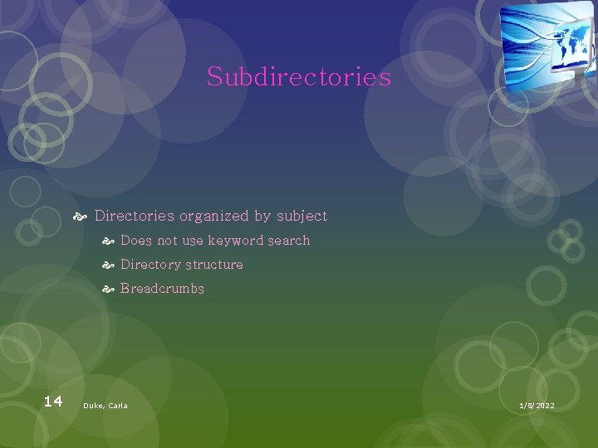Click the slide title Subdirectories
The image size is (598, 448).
coord(299,77)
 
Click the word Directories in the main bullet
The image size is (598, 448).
coord(135,216)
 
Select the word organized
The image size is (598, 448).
coord(214,216)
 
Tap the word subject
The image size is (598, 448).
coord(301,216)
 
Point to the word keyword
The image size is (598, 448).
coord(236,241)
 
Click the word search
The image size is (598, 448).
coord(289,241)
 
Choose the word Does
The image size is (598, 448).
coord(136,241)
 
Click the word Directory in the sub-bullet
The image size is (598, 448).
coord(150,265)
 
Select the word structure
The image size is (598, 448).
coord(214,265)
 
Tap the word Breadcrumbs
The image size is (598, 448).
coord(162,289)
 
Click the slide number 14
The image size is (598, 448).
coord(52,402)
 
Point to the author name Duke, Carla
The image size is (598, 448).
coord(105,406)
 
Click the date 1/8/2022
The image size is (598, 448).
coord(537,406)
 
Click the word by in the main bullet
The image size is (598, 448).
coord(262,216)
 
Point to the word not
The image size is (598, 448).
coord(167,241)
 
